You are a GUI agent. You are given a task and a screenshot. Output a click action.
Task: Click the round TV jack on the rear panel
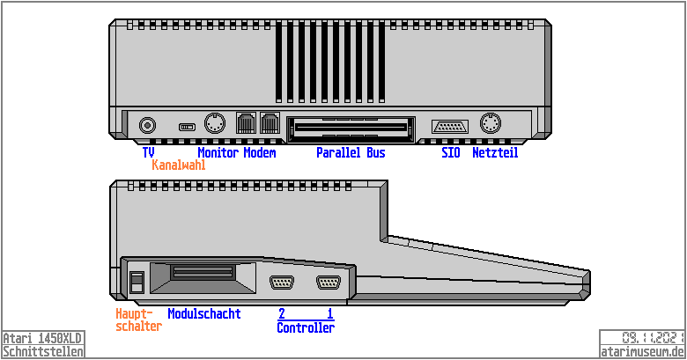(x=147, y=126)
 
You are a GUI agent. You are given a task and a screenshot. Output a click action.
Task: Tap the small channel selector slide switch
(x=187, y=127)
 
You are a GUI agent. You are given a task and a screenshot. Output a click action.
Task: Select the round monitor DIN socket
(x=215, y=123)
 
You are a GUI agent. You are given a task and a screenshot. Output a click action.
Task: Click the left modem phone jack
(x=246, y=123)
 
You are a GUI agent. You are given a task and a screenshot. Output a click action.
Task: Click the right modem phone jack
(x=270, y=123)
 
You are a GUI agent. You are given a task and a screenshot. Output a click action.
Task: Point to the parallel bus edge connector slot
(x=351, y=129)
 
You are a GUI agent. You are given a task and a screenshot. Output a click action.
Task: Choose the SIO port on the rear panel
(x=450, y=127)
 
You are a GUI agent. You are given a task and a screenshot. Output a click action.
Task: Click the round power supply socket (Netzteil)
(x=491, y=123)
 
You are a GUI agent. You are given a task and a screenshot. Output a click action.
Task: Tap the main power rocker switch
(x=137, y=282)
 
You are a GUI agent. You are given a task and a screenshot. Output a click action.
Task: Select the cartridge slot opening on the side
(x=203, y=277)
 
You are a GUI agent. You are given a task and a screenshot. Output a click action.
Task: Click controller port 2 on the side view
(x=282, y=283)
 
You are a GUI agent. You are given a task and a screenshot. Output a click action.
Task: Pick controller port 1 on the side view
(x=329, y=283)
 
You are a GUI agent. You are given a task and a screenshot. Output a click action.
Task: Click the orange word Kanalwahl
(x=179, y=165)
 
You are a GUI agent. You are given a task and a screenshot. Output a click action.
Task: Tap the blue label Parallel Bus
(x=351, y=153)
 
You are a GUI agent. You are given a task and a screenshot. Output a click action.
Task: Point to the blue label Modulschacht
(x=204, y=313)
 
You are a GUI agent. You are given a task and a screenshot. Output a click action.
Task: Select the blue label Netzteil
(x=495, y=153)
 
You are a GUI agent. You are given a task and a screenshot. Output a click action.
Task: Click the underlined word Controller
(x=306, y=327)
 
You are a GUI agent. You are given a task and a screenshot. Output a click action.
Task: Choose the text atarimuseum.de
(x=642, y=352)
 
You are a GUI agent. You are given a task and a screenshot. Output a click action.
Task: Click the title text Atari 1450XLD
(x=42, y=338)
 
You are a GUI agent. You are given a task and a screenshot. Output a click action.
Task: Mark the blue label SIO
(x=451, y=153)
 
